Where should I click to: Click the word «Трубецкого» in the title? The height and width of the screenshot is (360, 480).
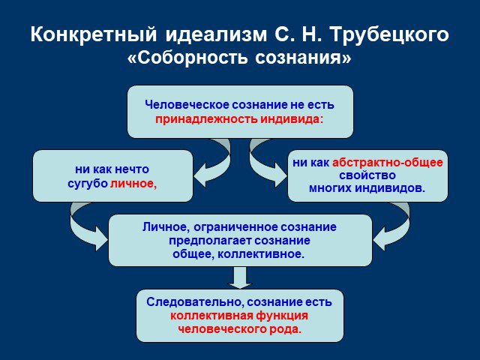(390, 34)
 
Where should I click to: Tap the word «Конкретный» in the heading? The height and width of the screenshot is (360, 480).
(94, 34)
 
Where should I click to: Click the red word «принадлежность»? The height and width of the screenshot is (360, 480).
(206, 118)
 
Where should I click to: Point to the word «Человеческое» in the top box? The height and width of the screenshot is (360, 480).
(187, 105)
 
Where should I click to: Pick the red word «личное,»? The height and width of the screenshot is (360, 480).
(133, 183)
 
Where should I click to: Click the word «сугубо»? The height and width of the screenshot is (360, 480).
(88, 184)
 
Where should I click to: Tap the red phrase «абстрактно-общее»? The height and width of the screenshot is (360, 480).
(388, 162)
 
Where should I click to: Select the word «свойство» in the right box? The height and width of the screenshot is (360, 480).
(367, 175)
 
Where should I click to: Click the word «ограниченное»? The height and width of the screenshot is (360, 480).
(236, 227)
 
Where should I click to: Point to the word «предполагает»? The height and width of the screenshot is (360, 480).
(210, 241)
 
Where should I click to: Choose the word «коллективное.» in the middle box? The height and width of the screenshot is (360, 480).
(261, 254)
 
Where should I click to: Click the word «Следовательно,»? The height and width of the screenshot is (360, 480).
(195, 302)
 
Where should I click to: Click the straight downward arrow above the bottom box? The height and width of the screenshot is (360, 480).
(240, 277)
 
